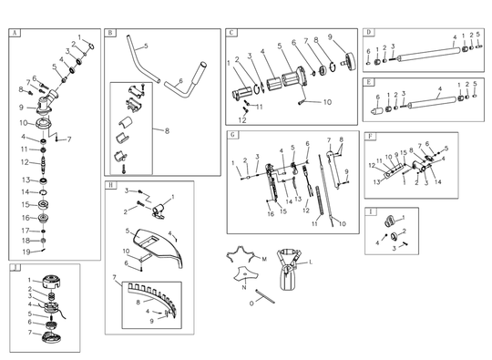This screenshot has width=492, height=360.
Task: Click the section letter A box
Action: (14, 34)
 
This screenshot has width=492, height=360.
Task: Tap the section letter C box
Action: (232, 33)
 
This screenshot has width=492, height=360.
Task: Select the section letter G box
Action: (234, 136)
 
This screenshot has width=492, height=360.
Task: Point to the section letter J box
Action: (14, 269)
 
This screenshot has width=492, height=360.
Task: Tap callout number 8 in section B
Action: (167, 131)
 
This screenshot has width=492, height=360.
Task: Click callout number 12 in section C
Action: (242, 119)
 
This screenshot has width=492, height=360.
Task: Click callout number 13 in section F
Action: (375, 182)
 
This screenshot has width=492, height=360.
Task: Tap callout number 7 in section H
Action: (114, 277)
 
